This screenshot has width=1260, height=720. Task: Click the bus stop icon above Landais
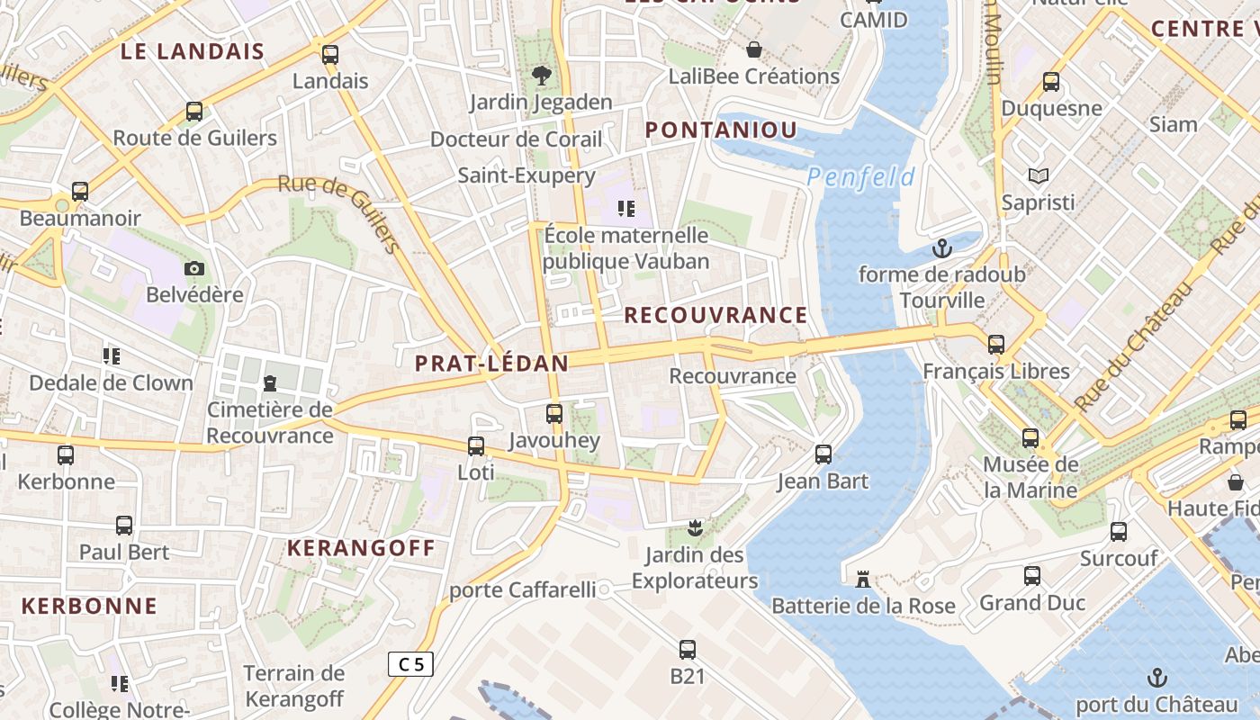pyautogui.click(x=330, y=54)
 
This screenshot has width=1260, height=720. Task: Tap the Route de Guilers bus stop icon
pyautogui.click(x=194, y=112)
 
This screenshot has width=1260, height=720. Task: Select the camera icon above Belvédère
pyautogui.click(x=194, y=268)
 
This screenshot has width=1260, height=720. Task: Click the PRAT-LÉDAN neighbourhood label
pyautogui.click(x=491, y=364)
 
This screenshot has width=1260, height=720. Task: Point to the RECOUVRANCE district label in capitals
pyautogui.click(x=715, y=315)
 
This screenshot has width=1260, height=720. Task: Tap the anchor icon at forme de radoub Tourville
pyautogui.click(x=942, y=247)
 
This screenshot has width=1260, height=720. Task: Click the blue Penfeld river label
pyautogui.click(x=860, y=177)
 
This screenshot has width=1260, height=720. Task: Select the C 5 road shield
pyautogui.click(x=410, y=664)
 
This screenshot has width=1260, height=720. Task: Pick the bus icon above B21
pyautogui.click(x=688, y=649)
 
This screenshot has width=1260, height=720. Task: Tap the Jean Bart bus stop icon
pyautogui.click(x=823, y=454)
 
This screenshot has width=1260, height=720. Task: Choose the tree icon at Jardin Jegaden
pyautogui.click(x=541, y=76)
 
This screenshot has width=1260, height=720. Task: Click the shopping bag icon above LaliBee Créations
pyautogui.click(x=754, y=49)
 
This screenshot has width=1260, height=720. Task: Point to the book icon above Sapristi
pyautogui.click(x=1039, y=175)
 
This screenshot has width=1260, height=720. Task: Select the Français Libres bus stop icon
pyautogui.click(x=995, y=345)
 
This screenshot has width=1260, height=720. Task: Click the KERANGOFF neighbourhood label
pyautogui.click(x=361, y=548)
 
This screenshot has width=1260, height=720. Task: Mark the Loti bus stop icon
pyautogui.click(x=475, y=445)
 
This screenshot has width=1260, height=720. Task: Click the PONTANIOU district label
pyautogui.click(x=721, y=130)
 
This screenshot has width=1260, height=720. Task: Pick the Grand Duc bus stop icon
pyautogui.click(x=1032, y=576)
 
